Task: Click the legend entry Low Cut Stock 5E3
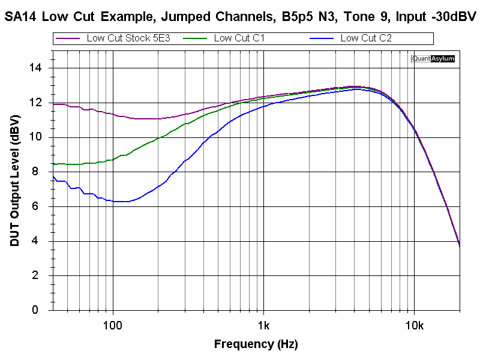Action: (x=128, y=38)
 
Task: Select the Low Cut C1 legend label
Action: (x=239, y=38)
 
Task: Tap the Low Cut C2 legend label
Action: (x=366, y=38)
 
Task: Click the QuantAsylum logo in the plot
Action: (x=433, y=59)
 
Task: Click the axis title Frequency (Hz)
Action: (x=256, y=344)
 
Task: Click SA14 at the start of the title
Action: (x=22, y=17)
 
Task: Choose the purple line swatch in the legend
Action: (x=68, y=38)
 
